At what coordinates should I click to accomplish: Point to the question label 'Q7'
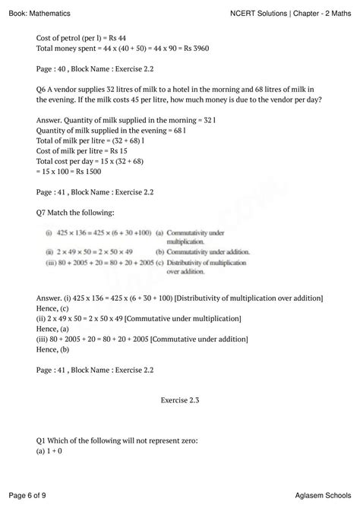[43, 212]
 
